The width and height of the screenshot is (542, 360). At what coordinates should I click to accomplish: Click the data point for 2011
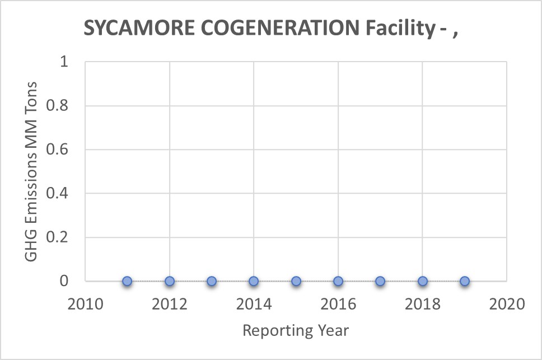pyautogui.click(x=127, y=281)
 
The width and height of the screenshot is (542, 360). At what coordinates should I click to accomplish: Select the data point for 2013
pyautogui.click(x=212, y=281)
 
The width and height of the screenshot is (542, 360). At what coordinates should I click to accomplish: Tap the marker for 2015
pyautogui.click(x=296, y=281)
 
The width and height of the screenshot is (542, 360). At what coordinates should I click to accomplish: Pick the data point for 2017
pyautogui.click(x=380, y=281)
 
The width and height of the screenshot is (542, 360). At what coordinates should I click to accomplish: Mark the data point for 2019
pyautogui.click(x=465, y=281)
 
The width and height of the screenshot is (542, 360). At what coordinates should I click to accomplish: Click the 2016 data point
pyautogui.click(x=338, y=281)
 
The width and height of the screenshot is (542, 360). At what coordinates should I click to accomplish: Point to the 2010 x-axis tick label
pyautogui.click(x=85, y=305)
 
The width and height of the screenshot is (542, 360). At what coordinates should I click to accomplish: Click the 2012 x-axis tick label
pyautogui.click(x=169, y=305)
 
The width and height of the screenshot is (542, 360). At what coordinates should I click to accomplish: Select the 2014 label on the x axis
pyautogui.click(x=254, y=305)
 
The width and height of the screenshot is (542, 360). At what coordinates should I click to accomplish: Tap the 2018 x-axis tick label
pyautogui.click(x=422, y=305)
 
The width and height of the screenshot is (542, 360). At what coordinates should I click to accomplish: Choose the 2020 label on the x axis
pyautogui.click(x=507, y=305)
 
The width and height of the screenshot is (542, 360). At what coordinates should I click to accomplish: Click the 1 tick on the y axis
pyautogui.click(x=64, y=62)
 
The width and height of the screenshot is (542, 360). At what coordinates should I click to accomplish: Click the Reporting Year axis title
pyautogui.click(x=296, y=331)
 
